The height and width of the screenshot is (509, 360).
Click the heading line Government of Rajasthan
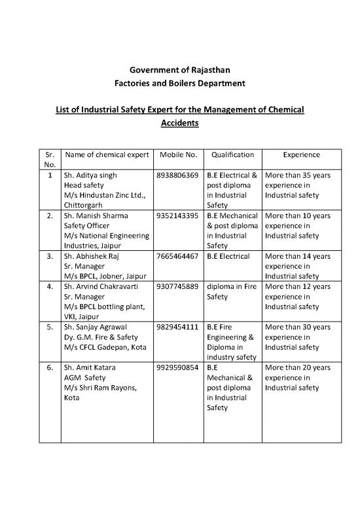pos(179,71)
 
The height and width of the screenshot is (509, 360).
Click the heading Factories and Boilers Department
pos(179,85)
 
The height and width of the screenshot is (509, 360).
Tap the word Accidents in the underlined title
pos(179,122)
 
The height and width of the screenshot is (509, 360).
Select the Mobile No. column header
pos(177,155)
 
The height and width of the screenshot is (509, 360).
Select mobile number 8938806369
pos(177,176)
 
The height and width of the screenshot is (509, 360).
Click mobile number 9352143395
pos(177,215)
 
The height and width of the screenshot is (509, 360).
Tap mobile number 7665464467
pos(177,254)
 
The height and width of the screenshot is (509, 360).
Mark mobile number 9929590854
pos(177,368)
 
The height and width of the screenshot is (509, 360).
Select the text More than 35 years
pos(300,176)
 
